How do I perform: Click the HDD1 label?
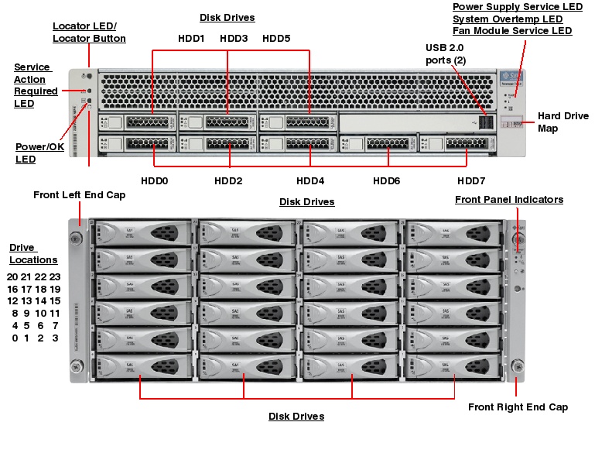[x=191, y=38]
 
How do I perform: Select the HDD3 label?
[x=234, y=38]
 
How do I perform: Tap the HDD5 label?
[x=276, y=38]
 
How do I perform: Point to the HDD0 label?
[x=154, y=180]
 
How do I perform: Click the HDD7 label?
[x=471, y=180]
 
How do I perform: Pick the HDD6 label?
[x=386, y=180]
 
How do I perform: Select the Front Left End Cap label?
[x=79, y=195]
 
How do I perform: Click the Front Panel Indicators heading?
[x=508, y=200]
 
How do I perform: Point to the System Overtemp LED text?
[x=507, y=19]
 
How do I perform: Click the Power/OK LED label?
[x=39, y=153]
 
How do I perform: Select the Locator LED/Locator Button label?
[x=89, y=32]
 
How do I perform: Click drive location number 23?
[x=55, y=276]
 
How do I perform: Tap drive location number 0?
[x=14, y=338]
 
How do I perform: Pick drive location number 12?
[x=12, y=300]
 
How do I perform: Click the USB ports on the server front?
[x=485, y=122]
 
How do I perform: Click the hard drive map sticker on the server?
[x=509, y=122]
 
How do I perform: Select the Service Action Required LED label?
[x=36, y=85]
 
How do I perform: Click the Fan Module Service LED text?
[x=512, y=31]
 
